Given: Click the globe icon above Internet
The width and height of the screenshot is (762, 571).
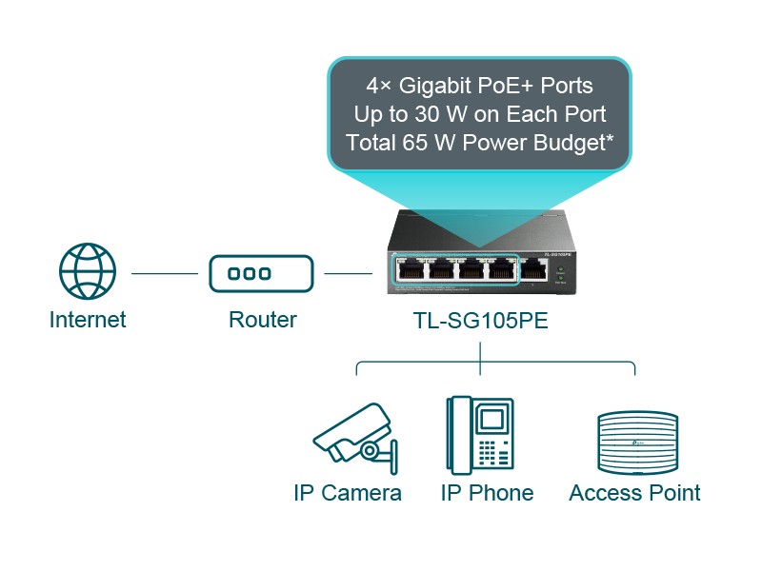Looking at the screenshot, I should [x=88, y=272].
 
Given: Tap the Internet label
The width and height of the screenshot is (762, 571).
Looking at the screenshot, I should [x=88, y=320].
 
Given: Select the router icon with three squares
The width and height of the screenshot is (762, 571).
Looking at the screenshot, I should [x=262, y=274].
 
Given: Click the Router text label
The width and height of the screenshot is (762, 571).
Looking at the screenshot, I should [x=262, y=320].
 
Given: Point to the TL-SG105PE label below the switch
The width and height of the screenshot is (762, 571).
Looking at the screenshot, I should [x=479, y=321].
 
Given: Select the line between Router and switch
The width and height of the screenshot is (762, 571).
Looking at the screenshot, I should [x=348, y=274].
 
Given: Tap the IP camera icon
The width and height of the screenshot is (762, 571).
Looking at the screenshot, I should [x=353, y=439].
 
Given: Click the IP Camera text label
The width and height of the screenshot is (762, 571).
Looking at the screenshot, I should [x=348, y=493].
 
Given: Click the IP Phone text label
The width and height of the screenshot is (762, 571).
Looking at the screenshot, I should [x=487, y=493].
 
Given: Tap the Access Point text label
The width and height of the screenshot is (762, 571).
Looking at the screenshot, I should [x=634, y=493].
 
